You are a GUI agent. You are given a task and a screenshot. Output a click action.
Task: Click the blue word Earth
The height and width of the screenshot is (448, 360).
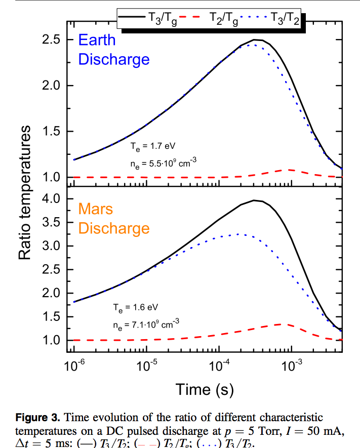click(x=97, y=40)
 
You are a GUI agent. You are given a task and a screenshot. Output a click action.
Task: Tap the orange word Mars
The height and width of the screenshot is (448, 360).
click(x=95, y=209)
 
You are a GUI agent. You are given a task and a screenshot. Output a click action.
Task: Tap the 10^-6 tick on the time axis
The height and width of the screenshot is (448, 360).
click(x=74, y=366)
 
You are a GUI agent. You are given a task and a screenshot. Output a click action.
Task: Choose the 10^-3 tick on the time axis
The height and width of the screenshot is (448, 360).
click(x=291, y=366)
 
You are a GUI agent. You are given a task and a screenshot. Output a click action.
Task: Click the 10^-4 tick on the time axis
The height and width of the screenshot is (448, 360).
click(x=219, y=366)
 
